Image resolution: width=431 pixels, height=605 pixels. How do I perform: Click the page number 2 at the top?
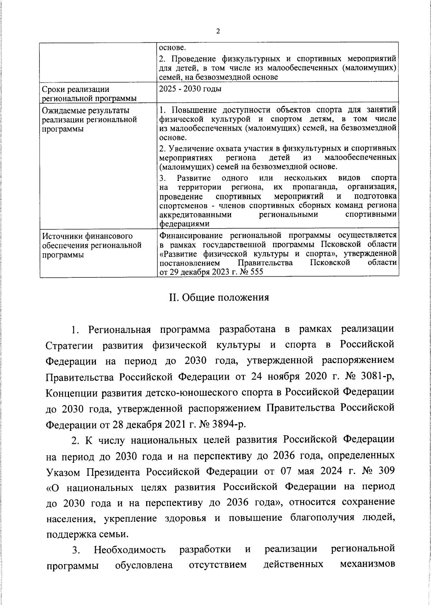pos(218,31)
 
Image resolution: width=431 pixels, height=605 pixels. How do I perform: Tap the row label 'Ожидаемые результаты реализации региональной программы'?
pos(89,119)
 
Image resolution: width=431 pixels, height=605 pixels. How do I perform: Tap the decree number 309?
pos(386,471)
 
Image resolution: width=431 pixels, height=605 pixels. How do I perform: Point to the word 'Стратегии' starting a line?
pos(71,345)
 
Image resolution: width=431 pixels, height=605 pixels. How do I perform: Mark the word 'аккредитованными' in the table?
pos(195,214)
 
